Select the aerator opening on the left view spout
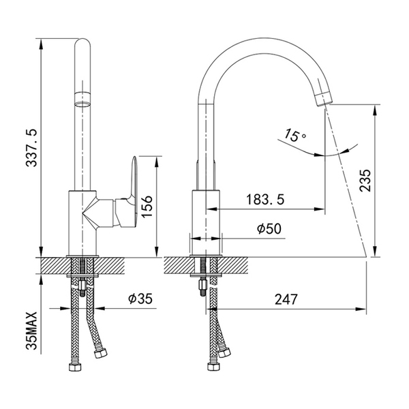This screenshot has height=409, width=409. [x=82, y=104]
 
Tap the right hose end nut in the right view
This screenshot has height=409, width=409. [x=226, y=352]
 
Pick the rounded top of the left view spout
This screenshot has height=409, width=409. [x=82, y=45]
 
